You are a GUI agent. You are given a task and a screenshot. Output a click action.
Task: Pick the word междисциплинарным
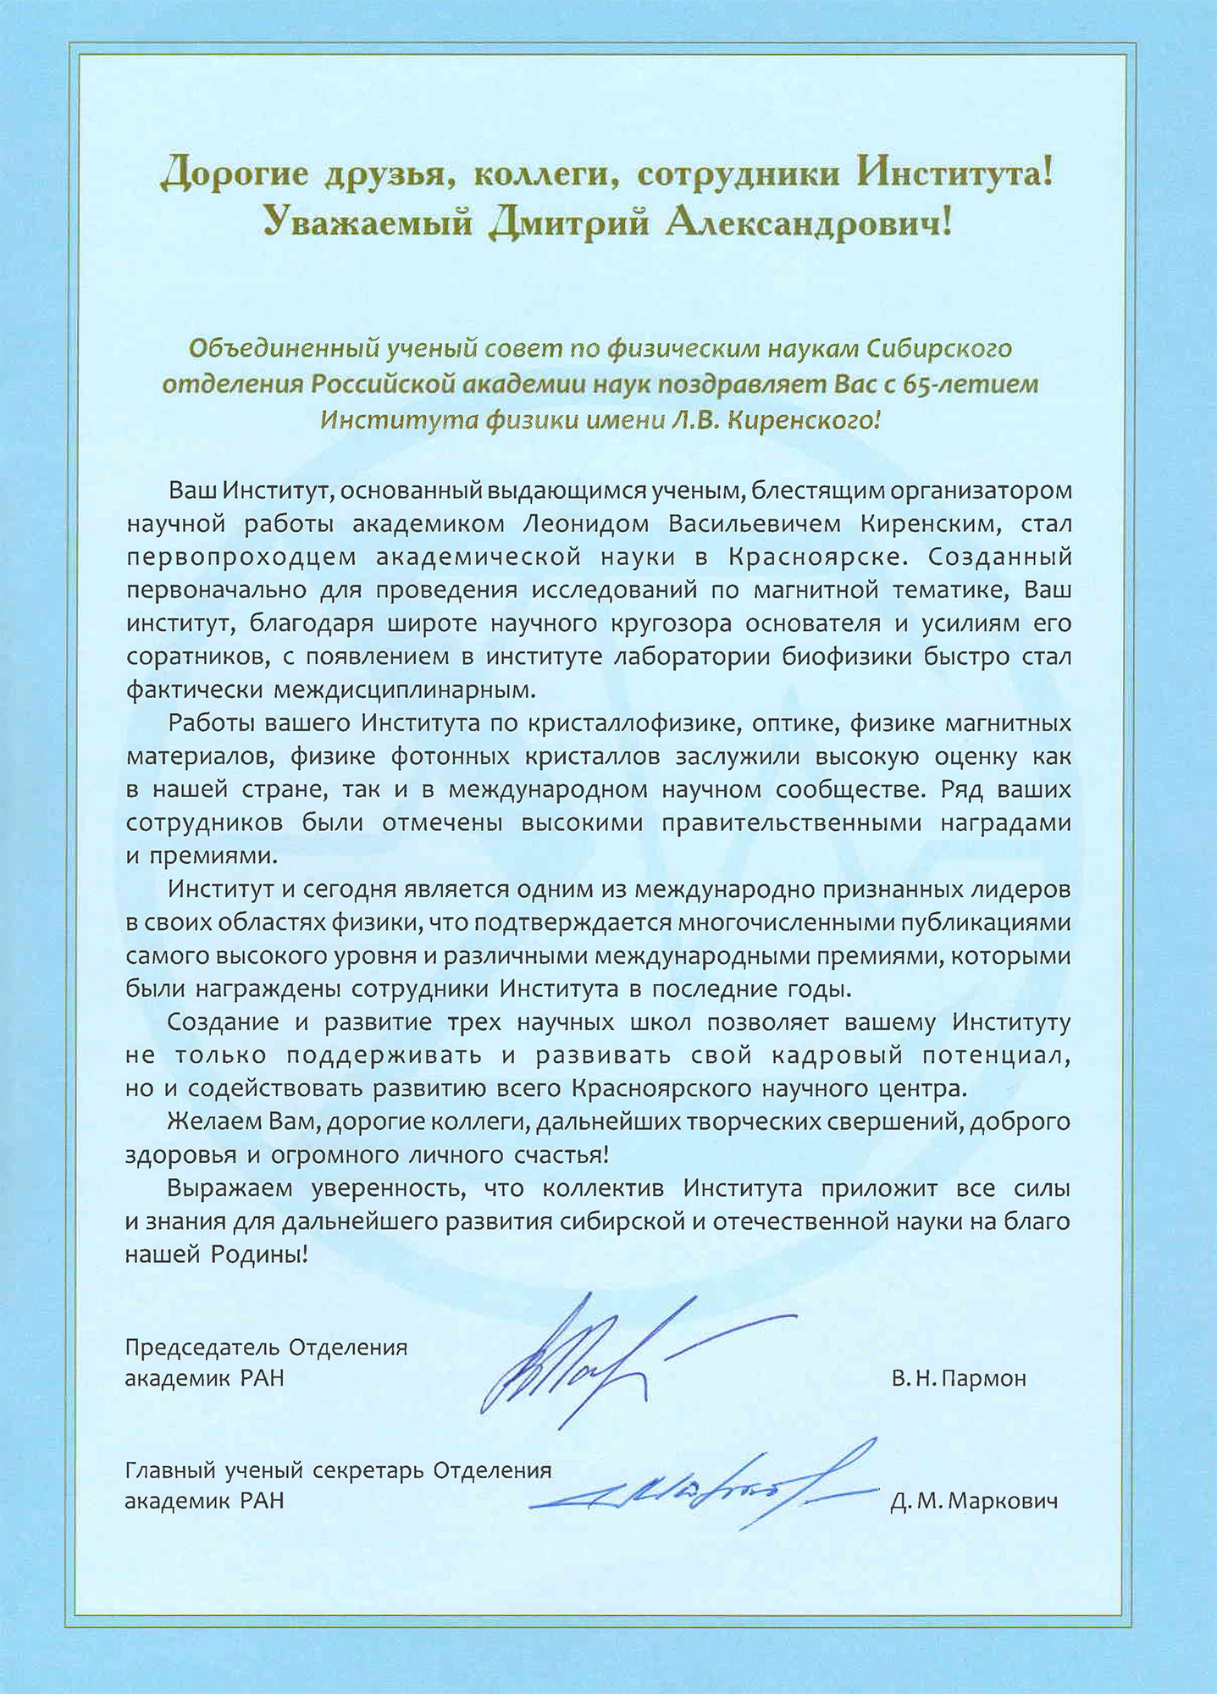click(x=405, y=689)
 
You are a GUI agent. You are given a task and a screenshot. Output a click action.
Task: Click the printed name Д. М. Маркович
click(x=974, y=1503)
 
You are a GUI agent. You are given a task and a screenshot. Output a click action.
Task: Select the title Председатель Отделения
click(x=266, y=1347)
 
